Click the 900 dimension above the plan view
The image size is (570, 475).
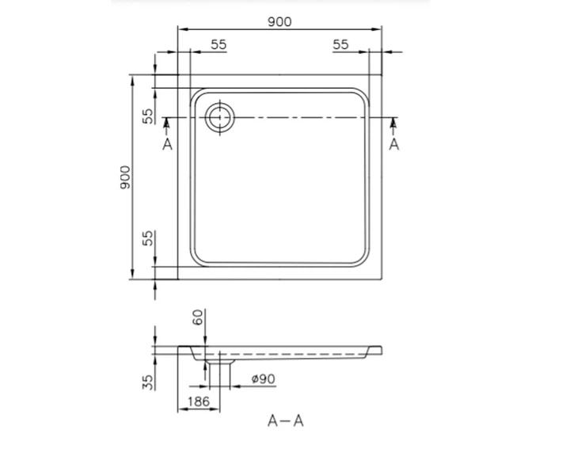point(279,22)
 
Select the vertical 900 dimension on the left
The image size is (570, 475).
point(125,177)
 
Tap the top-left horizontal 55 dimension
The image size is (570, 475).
point(218,44)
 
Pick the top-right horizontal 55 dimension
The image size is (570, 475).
point(340,44)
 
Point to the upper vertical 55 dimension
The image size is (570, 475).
point(148,116)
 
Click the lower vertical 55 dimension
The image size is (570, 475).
point(148,238)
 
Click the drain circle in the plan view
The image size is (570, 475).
point(219,117)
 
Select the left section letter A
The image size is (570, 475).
point(167,144)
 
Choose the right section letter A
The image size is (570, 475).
point(394,144)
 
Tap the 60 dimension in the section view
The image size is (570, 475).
point(197,317)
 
